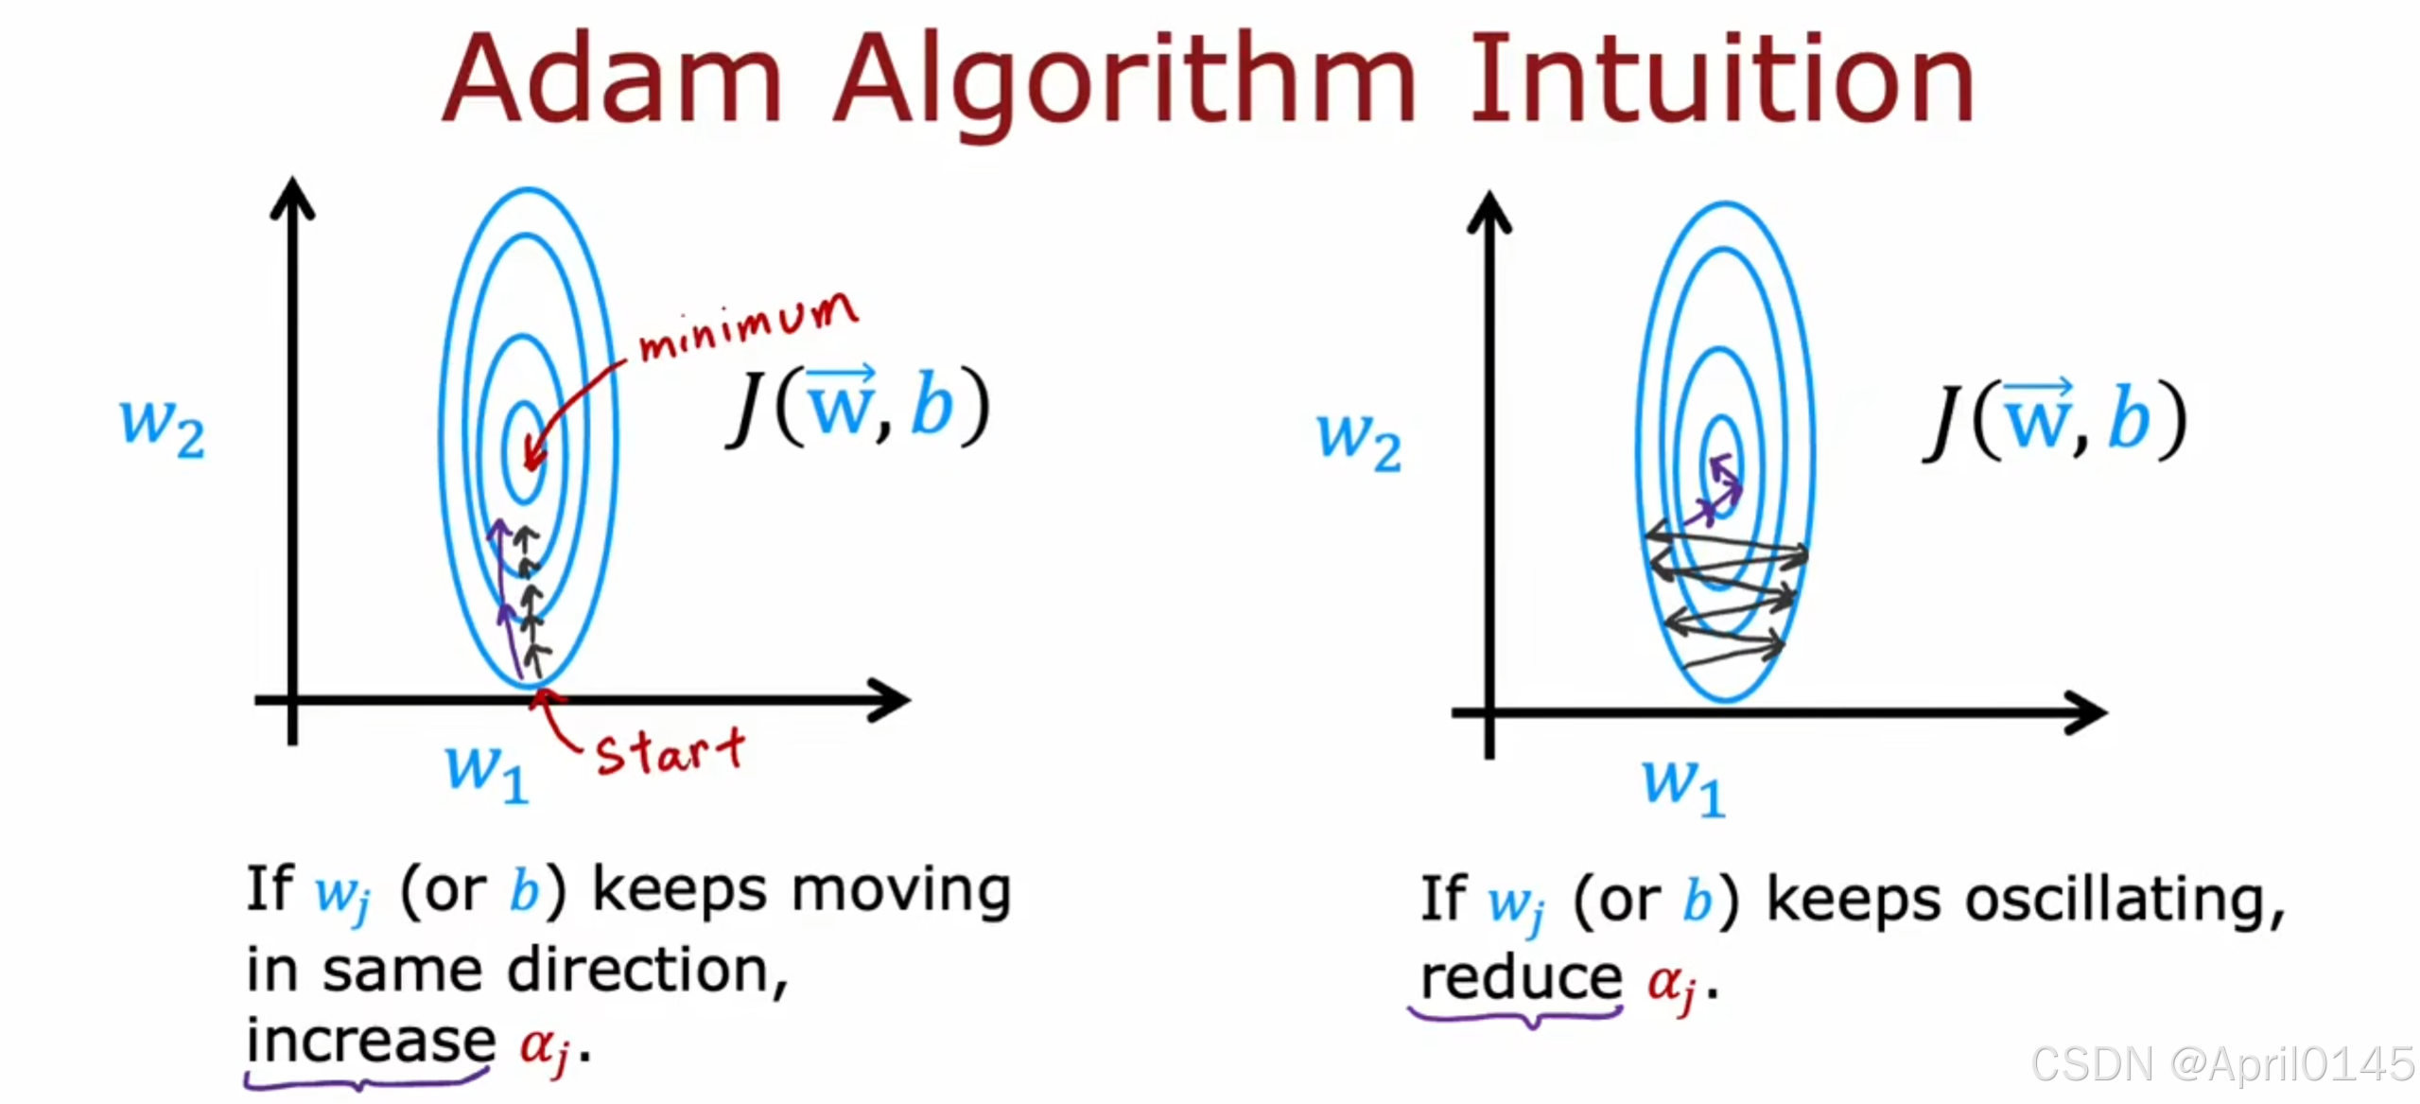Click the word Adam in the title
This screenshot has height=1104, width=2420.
tap(613, 80)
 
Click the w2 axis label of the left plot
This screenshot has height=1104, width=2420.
tap(162, 427)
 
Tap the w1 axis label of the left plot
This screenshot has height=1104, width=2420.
tap(486, 771)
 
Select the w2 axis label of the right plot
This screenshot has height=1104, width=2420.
tap(1359, 441)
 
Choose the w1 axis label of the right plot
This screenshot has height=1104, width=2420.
tap(1683, 786)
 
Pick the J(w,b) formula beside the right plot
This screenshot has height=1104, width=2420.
tap(2057, 421)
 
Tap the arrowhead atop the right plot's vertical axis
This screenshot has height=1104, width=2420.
tap(1489, 212)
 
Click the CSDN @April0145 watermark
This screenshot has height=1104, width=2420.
tap(2222, 1064)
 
